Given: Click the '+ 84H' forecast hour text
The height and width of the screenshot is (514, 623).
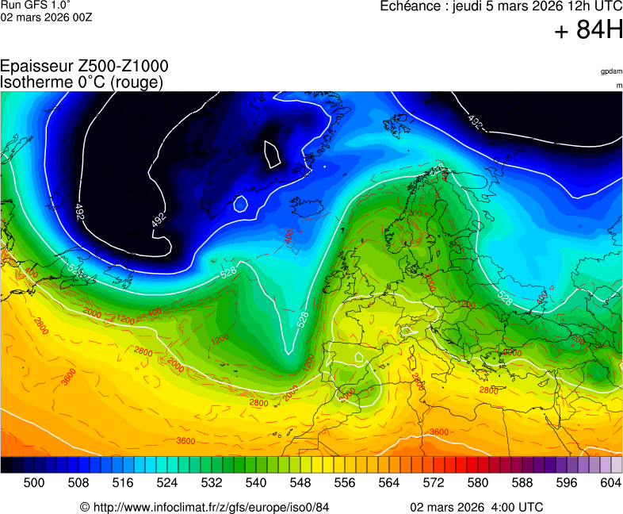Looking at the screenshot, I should tap(588, 30).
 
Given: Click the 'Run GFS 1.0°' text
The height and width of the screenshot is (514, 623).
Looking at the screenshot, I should tap(31, 5).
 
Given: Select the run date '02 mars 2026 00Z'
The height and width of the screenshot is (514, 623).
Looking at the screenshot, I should tap(46, 17).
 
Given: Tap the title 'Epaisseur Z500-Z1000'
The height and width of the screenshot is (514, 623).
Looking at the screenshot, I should tap(84, 67).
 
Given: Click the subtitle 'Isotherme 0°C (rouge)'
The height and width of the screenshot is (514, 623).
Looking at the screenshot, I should tap(82, 82).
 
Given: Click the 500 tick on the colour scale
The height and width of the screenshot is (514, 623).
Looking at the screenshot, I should tap(34, 481).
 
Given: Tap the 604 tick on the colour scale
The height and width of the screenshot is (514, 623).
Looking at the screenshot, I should tap(610, 481).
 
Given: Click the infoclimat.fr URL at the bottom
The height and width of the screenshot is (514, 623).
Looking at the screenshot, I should tap(204, 507).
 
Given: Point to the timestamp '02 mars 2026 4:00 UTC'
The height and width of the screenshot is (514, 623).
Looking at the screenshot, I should tap(476, 507).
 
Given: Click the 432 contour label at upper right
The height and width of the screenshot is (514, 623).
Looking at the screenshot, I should tap(476, 122).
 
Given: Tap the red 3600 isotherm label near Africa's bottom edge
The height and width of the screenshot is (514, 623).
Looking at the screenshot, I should tap(438, 432).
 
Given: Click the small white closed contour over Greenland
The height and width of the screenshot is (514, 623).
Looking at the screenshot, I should tap(272, 154).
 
